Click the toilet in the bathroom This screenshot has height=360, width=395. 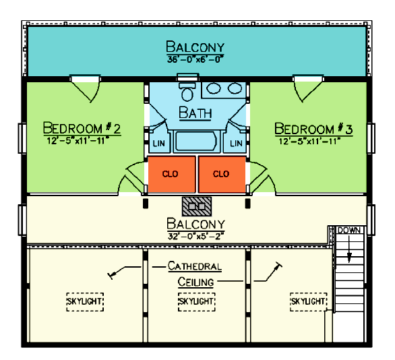pos(187,91)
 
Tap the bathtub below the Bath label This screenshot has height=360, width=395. pos(195,142)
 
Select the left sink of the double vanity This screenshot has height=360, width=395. pos(214,88)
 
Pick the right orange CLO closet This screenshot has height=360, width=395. pos(222,175)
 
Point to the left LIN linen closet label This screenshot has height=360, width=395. pos(158,144)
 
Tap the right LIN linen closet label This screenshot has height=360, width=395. pos(236,144)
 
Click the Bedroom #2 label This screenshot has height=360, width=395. pos(82,128)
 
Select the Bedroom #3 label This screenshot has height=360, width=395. pos(313,129)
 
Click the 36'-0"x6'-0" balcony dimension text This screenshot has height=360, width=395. pos(195,59)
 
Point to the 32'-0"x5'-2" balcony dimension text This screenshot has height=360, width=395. pos(196,237)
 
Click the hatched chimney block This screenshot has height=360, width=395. pos(197,206)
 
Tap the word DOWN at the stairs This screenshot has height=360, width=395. pos(349,231)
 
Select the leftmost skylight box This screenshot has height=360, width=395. pos(85,302)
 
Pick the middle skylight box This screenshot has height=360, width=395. pos(197,302)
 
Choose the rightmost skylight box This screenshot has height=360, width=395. pos(309,302)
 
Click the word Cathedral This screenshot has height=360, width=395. pos(195,266)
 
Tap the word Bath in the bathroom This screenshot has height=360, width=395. pos(195,113)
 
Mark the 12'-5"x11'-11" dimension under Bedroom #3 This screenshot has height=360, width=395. pos(309,141)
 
